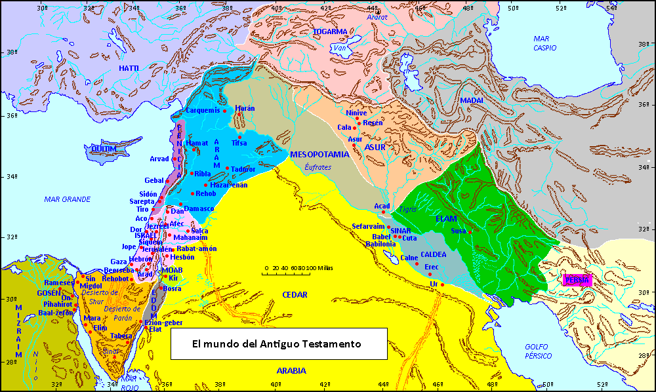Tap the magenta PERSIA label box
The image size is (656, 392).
[x=577, y=280]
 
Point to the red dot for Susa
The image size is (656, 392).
[x=470, y=231]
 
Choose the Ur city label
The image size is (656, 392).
[x=434, y=283]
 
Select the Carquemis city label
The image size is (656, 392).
[x=202, y=110]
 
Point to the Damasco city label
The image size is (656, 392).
[x=199, y=208]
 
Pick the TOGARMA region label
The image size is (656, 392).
[x=330, y=31]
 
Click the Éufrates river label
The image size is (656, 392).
[x=319, y=167]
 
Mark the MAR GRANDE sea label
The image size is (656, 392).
[x=67, y=199]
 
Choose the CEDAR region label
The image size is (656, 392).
[x=295, y=295]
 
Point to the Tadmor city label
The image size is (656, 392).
[x=243, y=169]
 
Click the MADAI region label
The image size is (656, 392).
[x=471, y=100]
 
